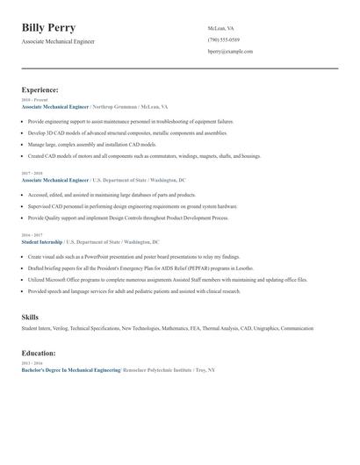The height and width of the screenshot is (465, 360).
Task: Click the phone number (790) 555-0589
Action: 224,39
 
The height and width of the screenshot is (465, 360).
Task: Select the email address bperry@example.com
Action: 230,52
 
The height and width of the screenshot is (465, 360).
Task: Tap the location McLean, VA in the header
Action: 221,28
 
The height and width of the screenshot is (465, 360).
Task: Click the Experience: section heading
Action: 40,89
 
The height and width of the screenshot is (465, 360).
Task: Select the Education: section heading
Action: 39,353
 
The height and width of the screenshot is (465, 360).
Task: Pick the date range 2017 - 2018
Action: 31,174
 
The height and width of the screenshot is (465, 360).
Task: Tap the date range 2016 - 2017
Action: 31,235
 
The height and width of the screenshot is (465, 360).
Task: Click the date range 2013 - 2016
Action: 31,361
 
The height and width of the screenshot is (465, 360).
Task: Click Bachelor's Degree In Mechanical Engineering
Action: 71,370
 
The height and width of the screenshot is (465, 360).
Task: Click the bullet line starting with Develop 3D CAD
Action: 122,132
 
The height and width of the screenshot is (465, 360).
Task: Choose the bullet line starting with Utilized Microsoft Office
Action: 167,279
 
